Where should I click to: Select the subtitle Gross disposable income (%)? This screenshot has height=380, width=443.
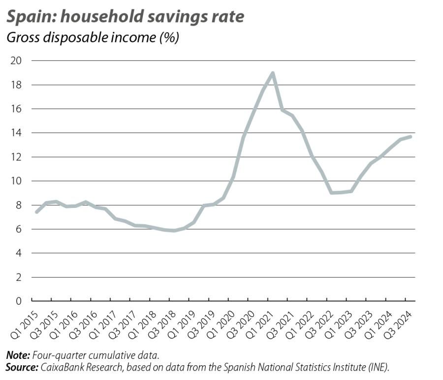(x=92, y=38)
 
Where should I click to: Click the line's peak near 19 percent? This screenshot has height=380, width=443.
(x=272, y=73)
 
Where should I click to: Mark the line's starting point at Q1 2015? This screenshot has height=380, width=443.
(x=36, y=212)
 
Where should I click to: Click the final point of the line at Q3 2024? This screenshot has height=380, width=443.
(x=411, y=136)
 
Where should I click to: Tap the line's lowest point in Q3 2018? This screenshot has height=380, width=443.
(x=174, y=230)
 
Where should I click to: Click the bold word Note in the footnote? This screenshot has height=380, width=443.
(x=17, y=355)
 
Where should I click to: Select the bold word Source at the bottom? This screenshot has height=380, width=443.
(x=21, y=367)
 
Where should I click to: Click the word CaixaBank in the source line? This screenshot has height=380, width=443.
(x=63, y=367)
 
